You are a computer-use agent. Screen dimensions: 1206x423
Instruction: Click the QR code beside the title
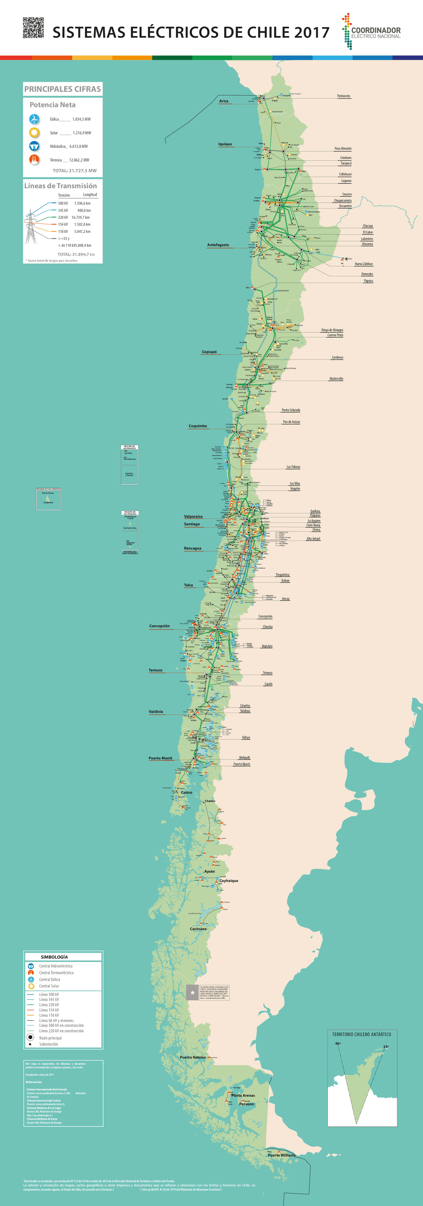tap(33, 28)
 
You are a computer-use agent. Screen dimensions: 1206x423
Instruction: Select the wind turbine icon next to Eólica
tap(34, 119)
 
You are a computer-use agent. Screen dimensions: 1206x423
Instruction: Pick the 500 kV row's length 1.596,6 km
tap(82, 203)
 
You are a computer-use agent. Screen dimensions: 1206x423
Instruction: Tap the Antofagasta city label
tap(218, 245)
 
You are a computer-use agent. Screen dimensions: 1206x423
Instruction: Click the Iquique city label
tap(225, 144)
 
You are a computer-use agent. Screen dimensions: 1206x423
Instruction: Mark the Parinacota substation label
tap(343, 96)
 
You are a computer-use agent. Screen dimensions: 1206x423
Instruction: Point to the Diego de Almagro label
tap(332, 330)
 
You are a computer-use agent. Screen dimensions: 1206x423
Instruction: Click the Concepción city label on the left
tap(159, 626)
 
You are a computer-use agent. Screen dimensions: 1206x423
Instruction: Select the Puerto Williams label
tap(282, 1155)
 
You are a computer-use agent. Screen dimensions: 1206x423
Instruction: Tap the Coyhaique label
tap(229, 881)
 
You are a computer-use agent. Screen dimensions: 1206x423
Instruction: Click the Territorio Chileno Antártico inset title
tap(361, 1034)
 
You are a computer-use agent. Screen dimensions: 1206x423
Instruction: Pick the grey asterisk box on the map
tap(192, 993)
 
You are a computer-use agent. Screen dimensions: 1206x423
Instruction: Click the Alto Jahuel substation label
tap(313, 539)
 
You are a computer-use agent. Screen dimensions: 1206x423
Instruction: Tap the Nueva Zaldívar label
tap(364, 264)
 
